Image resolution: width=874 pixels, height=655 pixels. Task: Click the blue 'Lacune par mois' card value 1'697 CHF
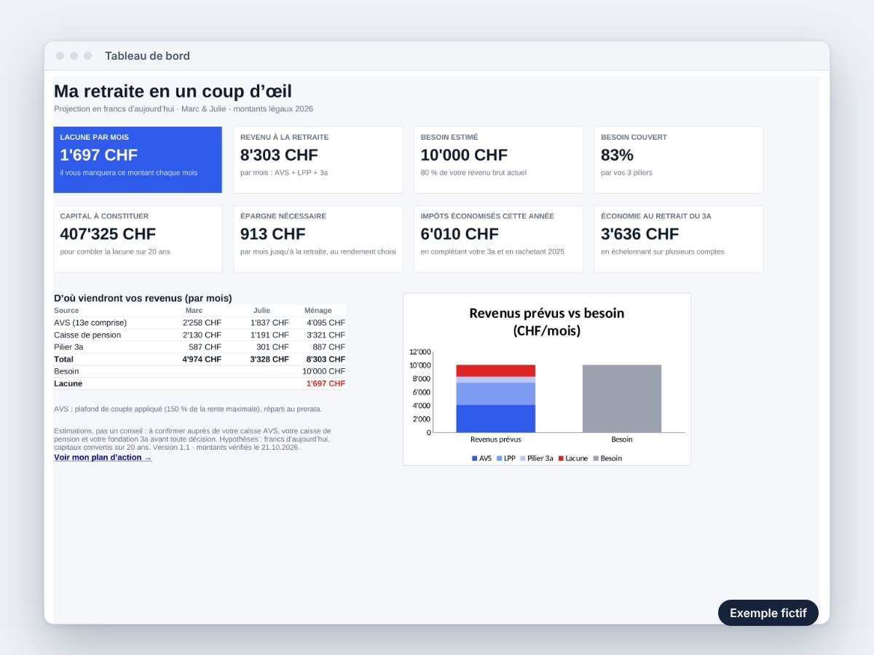coord(99,155)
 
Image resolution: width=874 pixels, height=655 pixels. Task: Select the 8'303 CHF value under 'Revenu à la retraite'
coord(279,155)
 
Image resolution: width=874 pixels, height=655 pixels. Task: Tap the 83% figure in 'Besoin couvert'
coord(617,155)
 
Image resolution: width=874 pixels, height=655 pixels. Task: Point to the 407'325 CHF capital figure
coord(108,234)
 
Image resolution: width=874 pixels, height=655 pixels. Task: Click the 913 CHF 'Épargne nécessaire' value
coord(272,234)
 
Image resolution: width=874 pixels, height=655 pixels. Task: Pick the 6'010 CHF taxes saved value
coord(460,234)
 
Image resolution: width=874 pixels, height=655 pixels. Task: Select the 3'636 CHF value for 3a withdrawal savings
coord(640,234)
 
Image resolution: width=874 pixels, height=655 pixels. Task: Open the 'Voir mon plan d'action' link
coord(103,457)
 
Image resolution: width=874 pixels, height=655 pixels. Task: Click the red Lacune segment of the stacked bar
coord(496,370)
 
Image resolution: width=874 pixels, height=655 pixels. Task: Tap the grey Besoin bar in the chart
coord(622,399)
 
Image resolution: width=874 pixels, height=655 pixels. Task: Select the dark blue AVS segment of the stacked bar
coord(496,418)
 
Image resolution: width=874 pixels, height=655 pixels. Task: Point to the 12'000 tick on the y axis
coord(420,352)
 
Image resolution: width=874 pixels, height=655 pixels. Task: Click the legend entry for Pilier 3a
coord(536,458)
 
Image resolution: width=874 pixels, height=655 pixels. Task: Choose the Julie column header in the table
coord(261,310)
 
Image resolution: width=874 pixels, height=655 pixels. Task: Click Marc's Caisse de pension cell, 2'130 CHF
coord(202,335)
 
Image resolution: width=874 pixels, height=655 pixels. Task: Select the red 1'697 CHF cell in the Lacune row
coord(326,384)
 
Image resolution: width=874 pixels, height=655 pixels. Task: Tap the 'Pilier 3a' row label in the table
coord(68,347)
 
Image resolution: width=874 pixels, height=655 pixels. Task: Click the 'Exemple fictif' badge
coord(768,613)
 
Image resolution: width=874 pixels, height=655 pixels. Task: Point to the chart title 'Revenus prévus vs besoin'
coord(547,314)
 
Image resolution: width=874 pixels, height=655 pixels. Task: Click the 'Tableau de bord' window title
coord(147,56)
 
